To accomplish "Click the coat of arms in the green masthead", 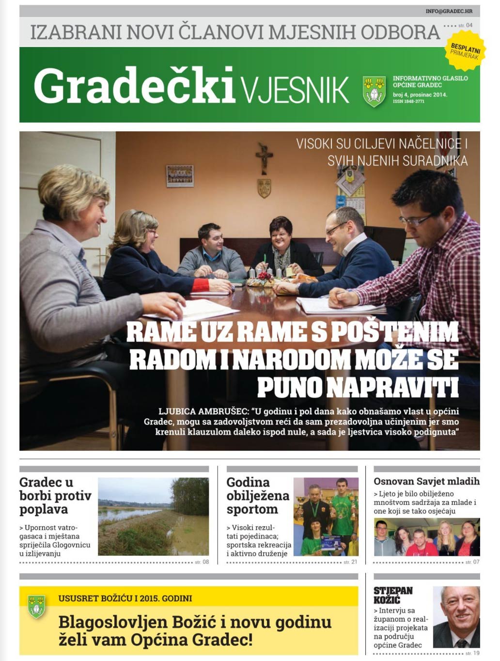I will (x=374, y=91).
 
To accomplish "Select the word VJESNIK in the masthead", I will (x=295, y=89).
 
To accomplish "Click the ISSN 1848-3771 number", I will (x=408, y=102).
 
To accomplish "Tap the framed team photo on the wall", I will (x=180, y=175).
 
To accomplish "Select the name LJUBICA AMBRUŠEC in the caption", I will (x=203, y=411).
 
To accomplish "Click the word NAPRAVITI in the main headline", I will (x=358, y=387).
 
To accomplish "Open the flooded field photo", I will (x=153, y=516).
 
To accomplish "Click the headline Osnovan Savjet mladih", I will (x=426, y=481).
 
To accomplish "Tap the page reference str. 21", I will (x=350, y=562).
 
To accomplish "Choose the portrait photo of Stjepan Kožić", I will (x=456, y=617).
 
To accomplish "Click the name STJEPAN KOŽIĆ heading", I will (x=393, y=595).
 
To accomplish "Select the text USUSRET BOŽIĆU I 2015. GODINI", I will (x=125, y=598).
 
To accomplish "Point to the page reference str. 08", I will (x=202, y=562).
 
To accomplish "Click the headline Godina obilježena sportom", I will (x=257, y=496).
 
